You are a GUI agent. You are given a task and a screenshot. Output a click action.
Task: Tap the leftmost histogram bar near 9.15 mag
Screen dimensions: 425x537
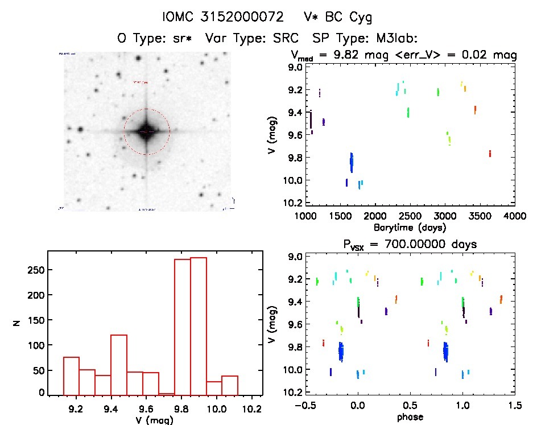pyautogui.click(x=71, y=376)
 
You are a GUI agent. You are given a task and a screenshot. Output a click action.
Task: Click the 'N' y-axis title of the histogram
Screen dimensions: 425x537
pyautogui.click(x=17, y=323)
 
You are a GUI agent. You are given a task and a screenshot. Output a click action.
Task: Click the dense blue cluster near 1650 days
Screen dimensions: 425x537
pyautogui.click(x=352, y=162)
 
